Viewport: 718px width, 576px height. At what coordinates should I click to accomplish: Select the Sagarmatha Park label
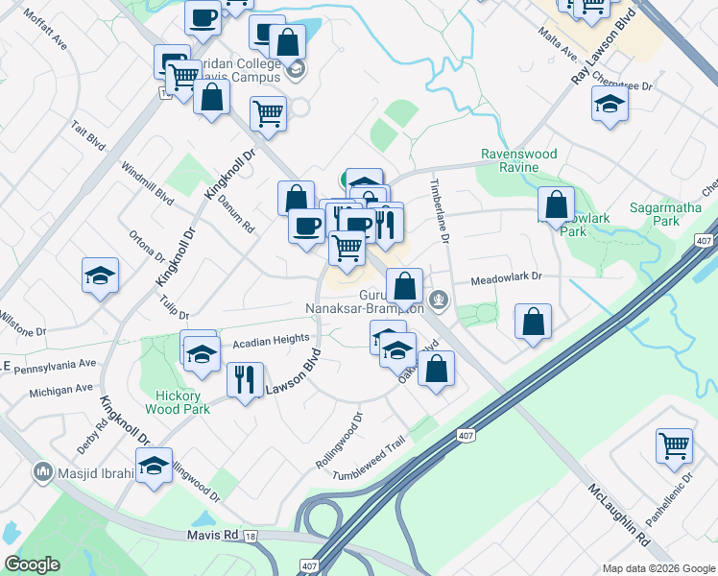point(667,213)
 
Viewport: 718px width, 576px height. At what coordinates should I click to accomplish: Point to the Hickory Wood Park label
point(177,402)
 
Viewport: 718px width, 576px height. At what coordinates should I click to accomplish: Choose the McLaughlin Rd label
point(617,516)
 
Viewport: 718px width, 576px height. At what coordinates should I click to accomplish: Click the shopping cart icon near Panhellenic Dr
point(675,445)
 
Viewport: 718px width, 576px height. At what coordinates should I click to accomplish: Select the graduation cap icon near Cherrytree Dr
point(610,104)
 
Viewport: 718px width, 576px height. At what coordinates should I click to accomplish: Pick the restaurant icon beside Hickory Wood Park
point(245,378)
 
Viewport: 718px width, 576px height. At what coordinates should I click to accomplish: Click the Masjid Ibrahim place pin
point(42,471)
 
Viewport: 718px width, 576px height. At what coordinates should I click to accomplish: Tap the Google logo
point(32,564)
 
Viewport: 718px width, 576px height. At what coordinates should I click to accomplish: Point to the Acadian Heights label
point(271,340)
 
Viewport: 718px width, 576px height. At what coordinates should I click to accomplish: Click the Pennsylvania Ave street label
point(57,365)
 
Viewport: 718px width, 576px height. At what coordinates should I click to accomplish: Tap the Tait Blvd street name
point(88,135)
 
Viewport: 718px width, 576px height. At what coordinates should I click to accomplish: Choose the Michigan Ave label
point(60,389)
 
